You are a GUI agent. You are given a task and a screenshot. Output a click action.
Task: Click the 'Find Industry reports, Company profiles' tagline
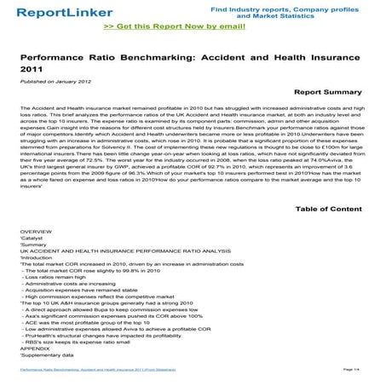[x=294, y=7]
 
